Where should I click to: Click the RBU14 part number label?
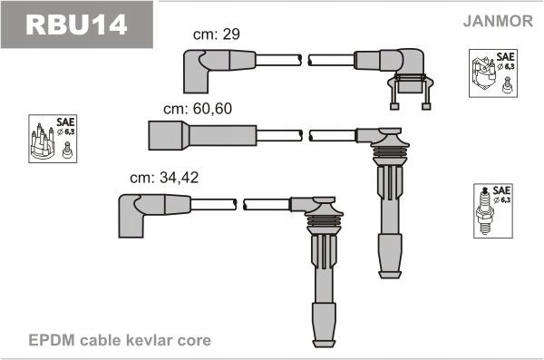click(76, 24)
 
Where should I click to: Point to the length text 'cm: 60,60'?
click(193, 108)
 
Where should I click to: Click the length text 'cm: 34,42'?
click(163, 178)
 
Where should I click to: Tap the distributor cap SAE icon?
click(51, 139)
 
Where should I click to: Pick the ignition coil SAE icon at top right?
click(492, 73)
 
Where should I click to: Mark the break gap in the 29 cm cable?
click(305, 61)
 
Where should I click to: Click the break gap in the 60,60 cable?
click(305, 136)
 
